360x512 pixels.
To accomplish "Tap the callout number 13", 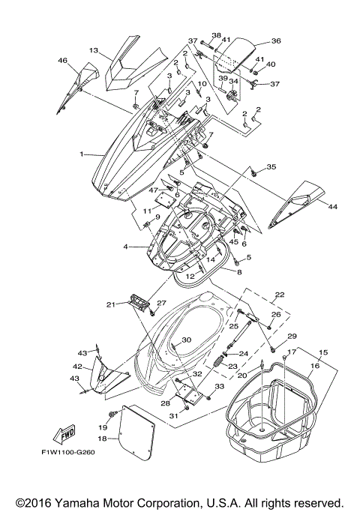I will (x=94, y=50).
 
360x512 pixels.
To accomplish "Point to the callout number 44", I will (x=332, y=206).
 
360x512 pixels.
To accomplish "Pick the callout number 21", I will (x=110, y=304).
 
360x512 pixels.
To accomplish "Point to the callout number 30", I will (x=186, y=340).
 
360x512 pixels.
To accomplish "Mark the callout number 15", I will (x=324, y=352).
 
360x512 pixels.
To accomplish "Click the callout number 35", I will (x=271, y=166).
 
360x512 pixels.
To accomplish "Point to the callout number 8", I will (x=239, y=274).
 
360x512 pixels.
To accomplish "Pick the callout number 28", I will (x=165, y=403).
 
